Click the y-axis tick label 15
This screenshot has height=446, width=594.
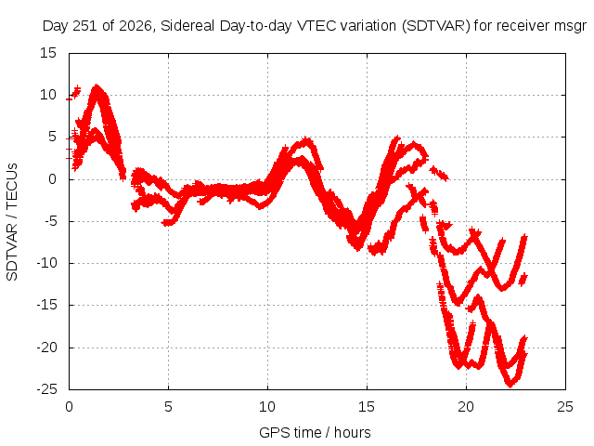tap(48, 53)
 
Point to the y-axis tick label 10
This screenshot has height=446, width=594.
tap(48, 95)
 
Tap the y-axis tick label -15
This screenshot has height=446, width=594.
tap(47, 305)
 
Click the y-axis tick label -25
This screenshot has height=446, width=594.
tap(47, 389)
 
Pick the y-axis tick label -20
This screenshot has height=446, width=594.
tap(47, 348)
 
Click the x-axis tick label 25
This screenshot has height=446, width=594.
tap(565, 407)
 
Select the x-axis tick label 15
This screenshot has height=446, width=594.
tap(367, 407)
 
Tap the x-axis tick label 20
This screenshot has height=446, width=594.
tap(466, 407)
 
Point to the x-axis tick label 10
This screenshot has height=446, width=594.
tap(267, 407)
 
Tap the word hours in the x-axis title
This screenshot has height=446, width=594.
tap(353, 432)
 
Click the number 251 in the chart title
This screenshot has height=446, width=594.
tap(85, 26)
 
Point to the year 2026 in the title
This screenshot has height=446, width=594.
tap(136, 26)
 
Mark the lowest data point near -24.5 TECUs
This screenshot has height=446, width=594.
tap(510, 385)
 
